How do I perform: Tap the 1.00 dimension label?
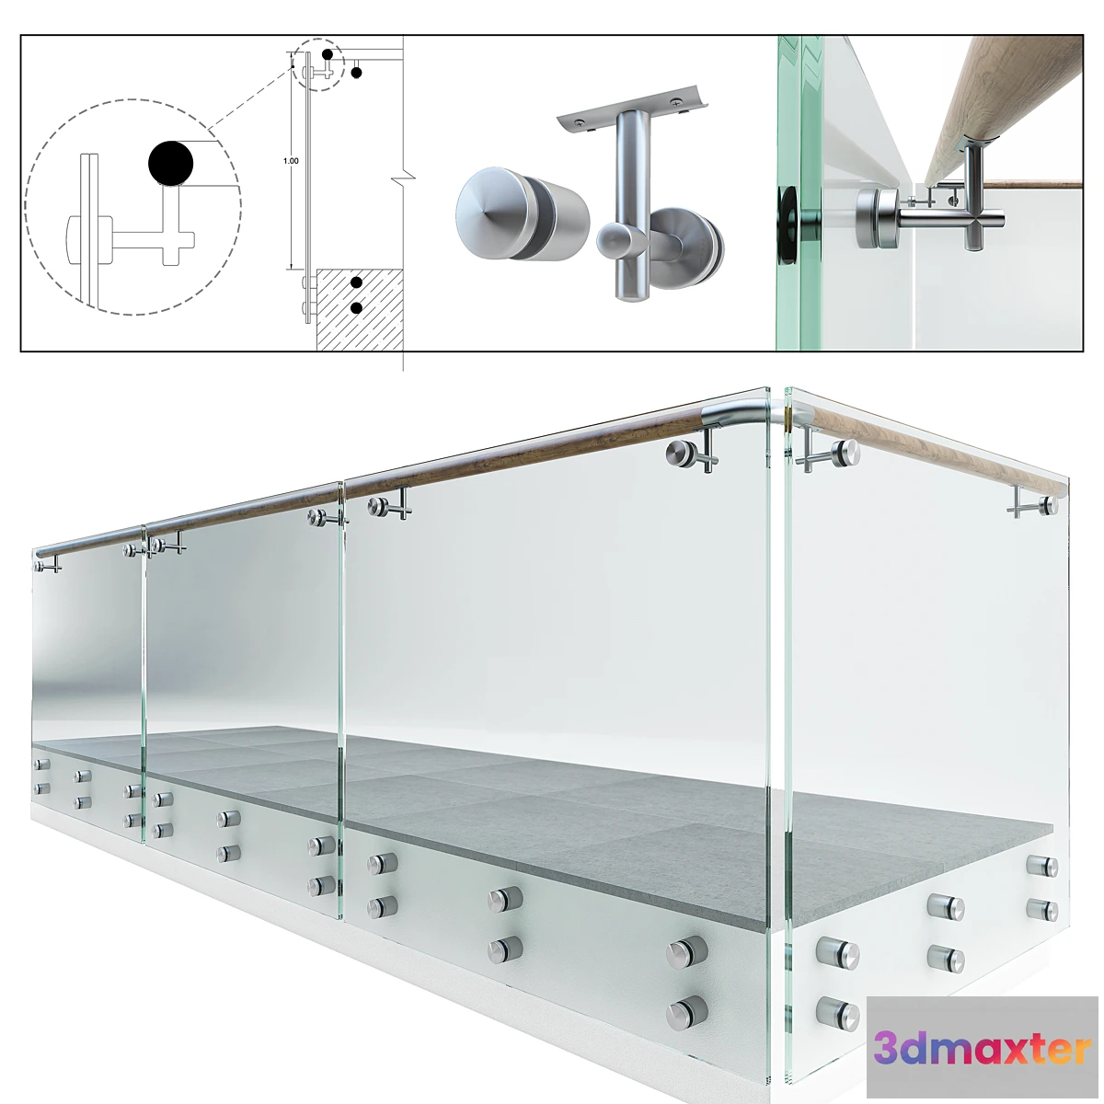(291, 161)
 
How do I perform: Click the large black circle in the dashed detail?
(171, 163)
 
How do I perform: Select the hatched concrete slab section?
(360, 309)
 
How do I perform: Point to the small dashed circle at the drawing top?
(316, 64)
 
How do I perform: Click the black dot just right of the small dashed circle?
(356, 73)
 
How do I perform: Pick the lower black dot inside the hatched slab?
(356, 308)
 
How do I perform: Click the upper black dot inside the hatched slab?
(356, 282)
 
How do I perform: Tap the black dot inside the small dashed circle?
(328, 54)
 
